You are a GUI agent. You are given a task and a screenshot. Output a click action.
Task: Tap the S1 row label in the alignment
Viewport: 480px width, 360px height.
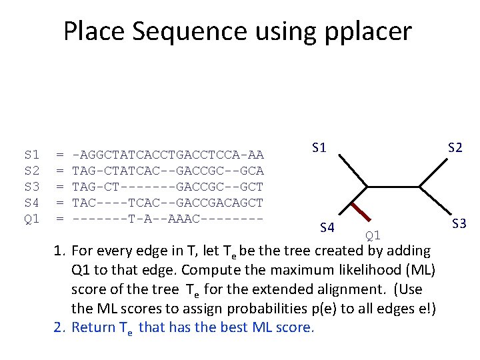click(x=31, y=155)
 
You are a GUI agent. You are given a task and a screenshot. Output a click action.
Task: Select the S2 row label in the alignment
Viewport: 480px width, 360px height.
click(x=31, y=171)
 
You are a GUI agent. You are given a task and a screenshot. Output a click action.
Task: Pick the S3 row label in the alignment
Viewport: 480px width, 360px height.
click(x=31, y=187)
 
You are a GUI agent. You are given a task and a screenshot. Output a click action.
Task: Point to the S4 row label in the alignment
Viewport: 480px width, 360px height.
click(x=31, y=203)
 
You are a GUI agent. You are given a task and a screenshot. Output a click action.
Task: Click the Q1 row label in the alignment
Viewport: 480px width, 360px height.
click(x=31, y=219)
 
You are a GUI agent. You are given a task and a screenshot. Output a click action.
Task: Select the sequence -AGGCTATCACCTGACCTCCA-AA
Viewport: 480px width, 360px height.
click(x=167, y=155)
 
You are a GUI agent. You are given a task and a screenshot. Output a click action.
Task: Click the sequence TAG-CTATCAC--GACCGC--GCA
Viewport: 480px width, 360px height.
click(x=167, y=171)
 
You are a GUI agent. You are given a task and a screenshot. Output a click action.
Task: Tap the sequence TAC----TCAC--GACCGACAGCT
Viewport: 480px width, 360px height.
click(x=167, y=203)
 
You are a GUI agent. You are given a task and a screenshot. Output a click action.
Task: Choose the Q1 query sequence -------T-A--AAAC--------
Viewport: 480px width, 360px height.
click(x=167, y=219)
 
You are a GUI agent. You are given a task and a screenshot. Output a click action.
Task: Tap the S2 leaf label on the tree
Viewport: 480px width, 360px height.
click(x=455, y=148)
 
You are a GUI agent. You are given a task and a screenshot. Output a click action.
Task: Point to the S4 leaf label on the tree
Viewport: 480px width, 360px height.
click(x=327, y=229)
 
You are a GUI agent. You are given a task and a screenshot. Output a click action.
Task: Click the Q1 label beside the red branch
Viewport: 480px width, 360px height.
click(x=373, y=235)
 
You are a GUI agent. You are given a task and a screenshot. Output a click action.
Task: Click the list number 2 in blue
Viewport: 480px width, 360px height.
click(x=59, y=327)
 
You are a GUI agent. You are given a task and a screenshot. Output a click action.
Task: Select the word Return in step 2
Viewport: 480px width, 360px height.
click(x=93, y=327)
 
